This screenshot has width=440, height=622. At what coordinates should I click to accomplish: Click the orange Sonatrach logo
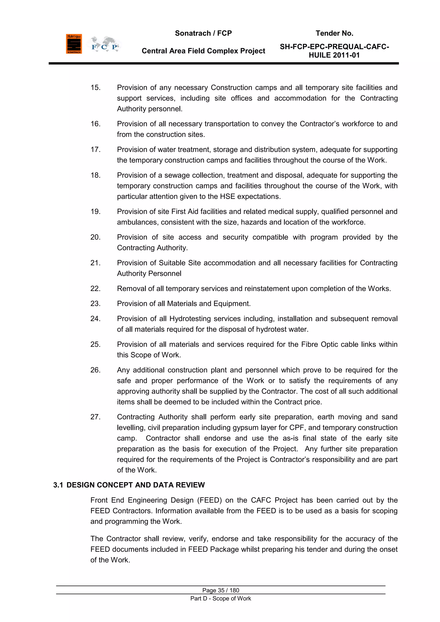tap(74, 44)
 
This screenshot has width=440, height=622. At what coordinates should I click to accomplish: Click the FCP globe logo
tap(104, 44)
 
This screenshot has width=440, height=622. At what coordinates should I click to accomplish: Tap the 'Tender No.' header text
tap(334, 33)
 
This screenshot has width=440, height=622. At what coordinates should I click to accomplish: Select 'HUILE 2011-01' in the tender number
tap(334, 55)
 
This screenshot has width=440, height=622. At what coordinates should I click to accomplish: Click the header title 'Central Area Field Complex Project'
tap(203, 51)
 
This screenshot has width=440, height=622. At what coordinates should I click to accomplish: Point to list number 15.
tap(95, 87)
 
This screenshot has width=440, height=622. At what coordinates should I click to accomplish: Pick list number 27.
tap(95, 417)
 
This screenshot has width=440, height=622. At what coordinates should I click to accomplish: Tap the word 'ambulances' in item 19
tap(138, 222)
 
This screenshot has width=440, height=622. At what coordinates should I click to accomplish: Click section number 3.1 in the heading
tap(58, 485)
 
